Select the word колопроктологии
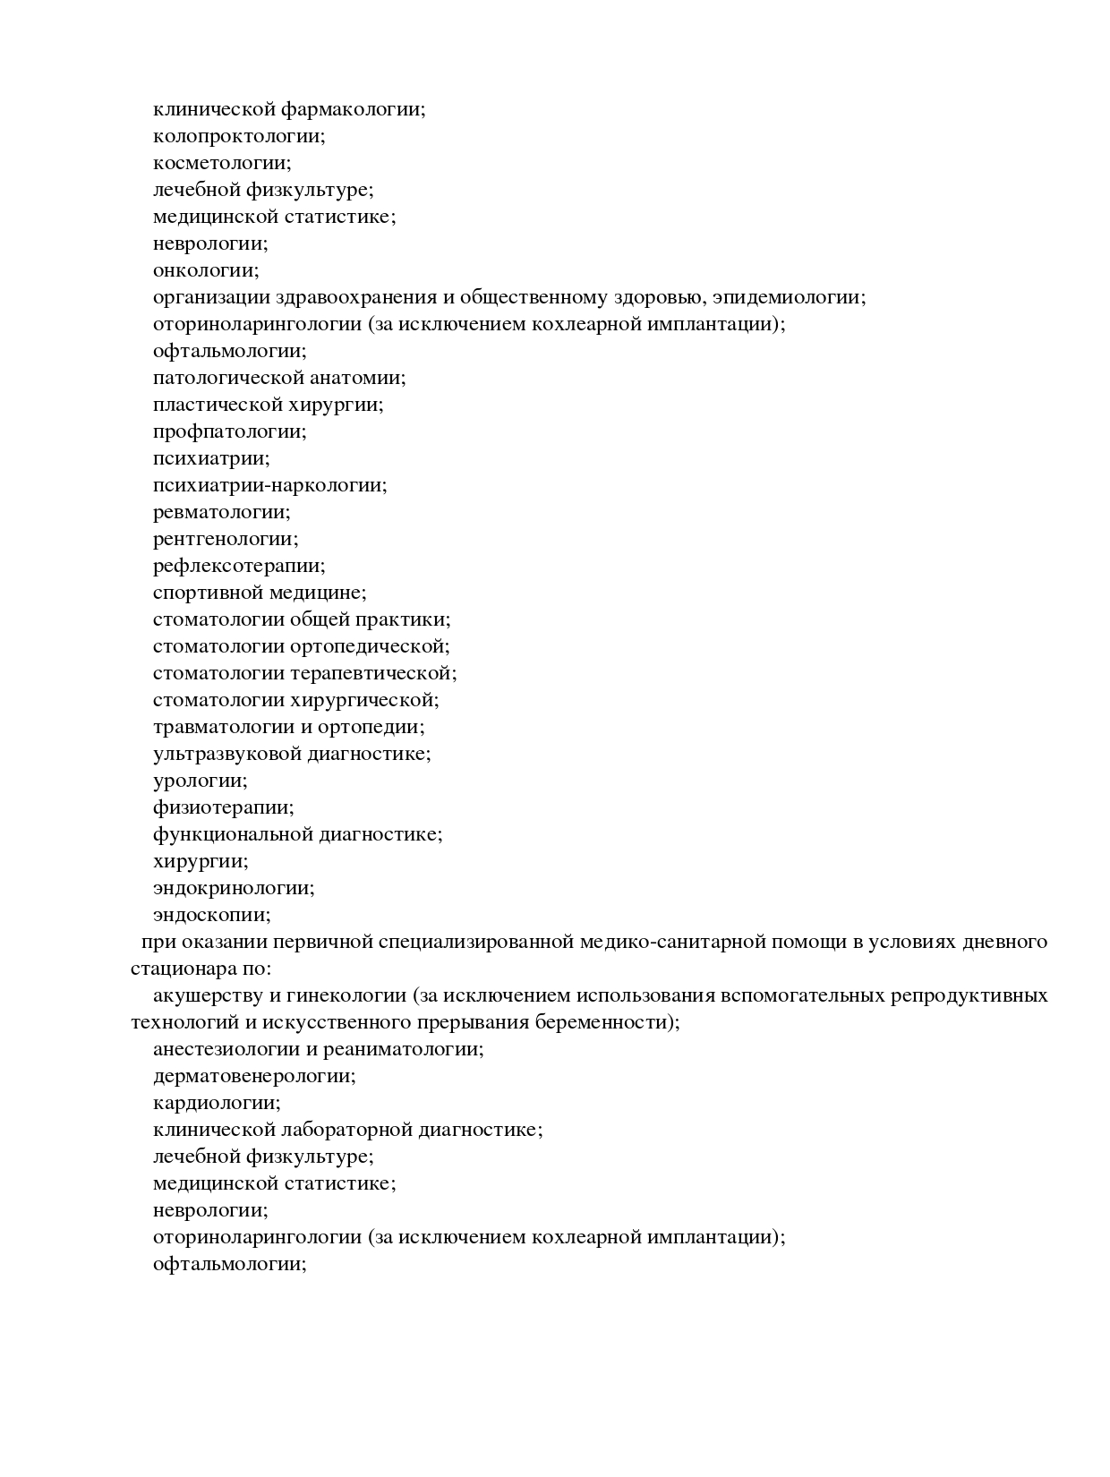pos(236,136)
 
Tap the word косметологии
pos(220,163)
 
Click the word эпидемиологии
pos(787,297)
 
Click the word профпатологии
pos(227,431)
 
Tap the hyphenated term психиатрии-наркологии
pos(268,485)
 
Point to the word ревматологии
pos(219,512)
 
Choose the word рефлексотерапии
pos(237,566)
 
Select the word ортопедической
pos(367,646)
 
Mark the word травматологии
pos(224,727)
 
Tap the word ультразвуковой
pos(226,754)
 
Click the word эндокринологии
pos(232,888)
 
